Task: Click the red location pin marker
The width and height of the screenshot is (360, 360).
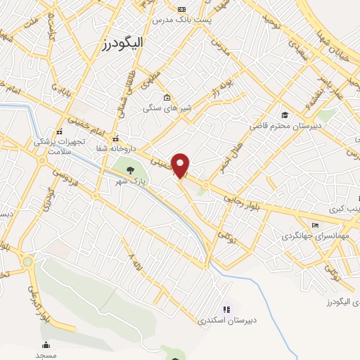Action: pos(181,165)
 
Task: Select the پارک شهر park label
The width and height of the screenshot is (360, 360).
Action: pos(131,181)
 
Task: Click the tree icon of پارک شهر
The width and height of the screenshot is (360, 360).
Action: pos(129,169)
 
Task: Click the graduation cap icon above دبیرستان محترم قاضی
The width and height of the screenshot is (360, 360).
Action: pos(284,115)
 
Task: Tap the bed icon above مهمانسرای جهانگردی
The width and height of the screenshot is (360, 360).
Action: pos(314,225)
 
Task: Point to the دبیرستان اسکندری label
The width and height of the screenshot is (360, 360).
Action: pos(226,320)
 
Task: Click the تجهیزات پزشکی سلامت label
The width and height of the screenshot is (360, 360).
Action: pos(60,146)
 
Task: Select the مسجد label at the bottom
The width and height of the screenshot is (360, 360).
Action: pos(46,356)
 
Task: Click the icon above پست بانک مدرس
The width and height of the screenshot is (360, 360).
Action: pos(183,9)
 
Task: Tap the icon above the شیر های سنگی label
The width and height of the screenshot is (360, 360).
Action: pos(166,98)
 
